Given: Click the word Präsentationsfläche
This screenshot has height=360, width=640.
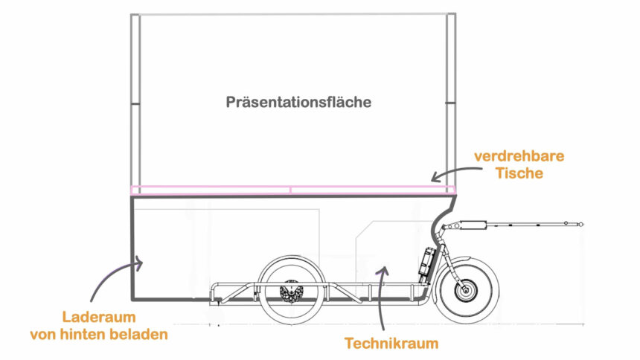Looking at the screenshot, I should point(298,103).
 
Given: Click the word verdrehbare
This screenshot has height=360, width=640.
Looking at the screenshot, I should point(519,157).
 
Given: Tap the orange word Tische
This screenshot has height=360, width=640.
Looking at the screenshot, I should point(519,173).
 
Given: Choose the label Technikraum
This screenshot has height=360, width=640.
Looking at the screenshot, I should point(391,344).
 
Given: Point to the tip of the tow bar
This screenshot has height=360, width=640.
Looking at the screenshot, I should point(583,222).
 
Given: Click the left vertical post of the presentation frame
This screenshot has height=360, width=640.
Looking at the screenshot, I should point(135,100).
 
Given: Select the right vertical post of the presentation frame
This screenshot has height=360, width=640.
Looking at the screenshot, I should point(450,100).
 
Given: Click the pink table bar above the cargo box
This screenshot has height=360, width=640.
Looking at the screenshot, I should point(290,190).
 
